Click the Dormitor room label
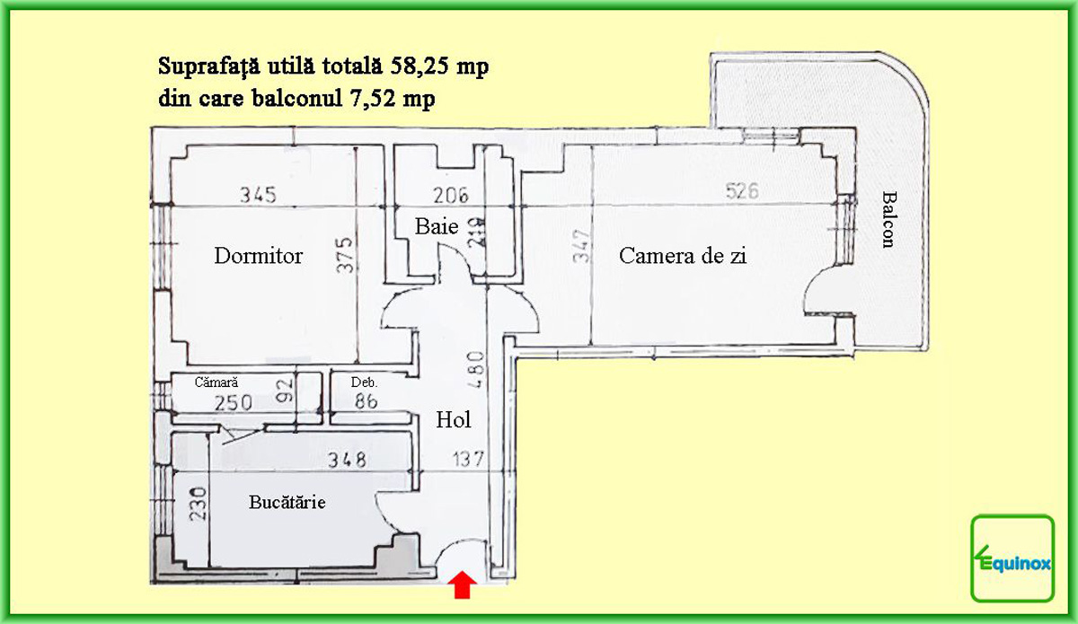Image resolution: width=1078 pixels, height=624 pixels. coord(259,256)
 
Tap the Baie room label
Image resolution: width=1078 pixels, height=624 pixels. coord(437,226)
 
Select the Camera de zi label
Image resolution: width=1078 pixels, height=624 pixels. coord(683,256)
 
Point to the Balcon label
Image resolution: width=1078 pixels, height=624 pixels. coord(889,219)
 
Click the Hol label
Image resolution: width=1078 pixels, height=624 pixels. coord(454,419)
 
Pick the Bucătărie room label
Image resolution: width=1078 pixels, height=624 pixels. coord(287,502)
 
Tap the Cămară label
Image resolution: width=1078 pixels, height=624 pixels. coord(216,382)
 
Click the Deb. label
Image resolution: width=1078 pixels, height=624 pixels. coord(364,382)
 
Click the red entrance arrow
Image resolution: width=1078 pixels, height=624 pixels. coord(462,584)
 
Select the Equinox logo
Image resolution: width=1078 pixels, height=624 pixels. coord(1012,558)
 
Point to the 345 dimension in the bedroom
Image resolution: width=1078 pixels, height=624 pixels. coord(259,195)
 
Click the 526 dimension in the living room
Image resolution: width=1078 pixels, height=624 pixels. coord(742,191)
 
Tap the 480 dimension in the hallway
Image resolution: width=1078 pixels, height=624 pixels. coord(475,370)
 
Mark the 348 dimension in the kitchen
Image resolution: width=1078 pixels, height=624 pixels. coord(347,460)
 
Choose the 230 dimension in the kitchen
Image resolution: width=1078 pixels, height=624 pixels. coord(198,505)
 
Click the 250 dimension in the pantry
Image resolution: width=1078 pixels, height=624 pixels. coord(234,403)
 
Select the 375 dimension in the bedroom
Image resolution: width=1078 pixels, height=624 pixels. coord(345,255)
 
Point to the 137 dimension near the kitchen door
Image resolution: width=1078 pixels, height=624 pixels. coord(468,459)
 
